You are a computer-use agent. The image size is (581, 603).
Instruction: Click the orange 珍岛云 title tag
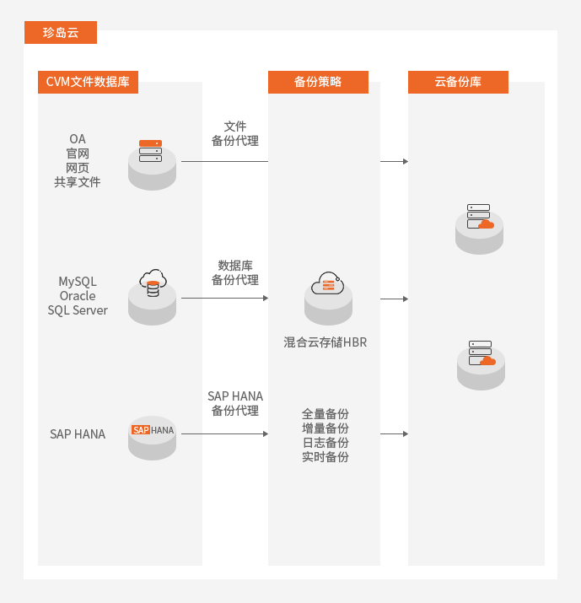pos(60,33)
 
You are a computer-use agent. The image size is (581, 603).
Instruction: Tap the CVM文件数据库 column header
pos(88,82)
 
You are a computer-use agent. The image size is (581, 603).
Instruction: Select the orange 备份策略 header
pos(318,82)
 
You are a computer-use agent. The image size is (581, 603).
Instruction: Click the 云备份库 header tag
pos(458,82)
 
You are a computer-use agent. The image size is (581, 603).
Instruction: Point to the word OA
pos(78,139)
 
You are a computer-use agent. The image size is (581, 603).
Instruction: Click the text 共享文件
pos(78,181)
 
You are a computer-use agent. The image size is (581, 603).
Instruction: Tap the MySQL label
pos(78,282)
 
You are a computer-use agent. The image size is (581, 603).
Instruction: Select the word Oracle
pos(78,296)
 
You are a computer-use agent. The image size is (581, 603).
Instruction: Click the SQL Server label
pos(78,310)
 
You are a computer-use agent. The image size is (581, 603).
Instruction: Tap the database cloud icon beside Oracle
pos(153,292)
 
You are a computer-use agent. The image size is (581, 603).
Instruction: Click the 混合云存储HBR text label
pos(325,343)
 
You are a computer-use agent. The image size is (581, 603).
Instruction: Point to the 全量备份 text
pos(325,414)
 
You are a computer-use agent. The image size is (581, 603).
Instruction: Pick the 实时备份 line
pos(325,457)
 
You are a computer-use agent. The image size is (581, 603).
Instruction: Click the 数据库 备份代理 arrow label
pos(235,272)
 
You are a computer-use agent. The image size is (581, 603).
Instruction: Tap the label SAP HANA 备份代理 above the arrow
pos(235,403)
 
